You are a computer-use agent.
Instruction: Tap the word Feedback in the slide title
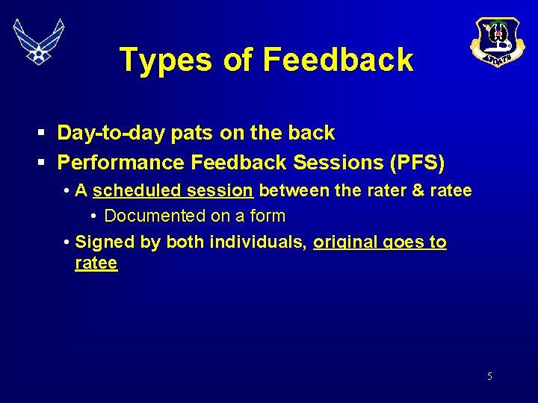point(338,60)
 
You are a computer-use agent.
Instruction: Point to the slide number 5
point(489,376)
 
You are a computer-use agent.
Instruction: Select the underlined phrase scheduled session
point(173,191)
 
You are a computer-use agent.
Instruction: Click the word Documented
point(155,216)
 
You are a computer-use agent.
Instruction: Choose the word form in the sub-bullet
point(268,216)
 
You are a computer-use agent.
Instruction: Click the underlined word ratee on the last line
point(96,263)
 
